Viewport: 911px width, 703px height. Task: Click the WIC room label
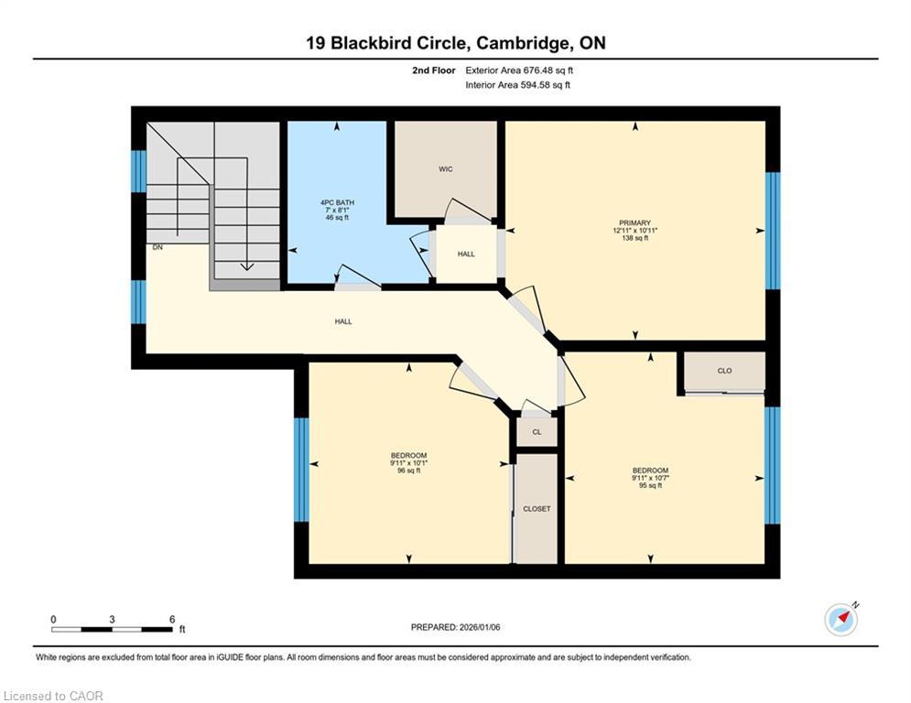tap(445, 169)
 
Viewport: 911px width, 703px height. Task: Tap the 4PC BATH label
tap(337, 202)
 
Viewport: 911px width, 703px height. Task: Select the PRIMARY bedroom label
tap(634, 222)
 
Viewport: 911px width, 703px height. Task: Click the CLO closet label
tap(724, 371)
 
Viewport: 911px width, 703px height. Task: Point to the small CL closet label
tap(537, 432)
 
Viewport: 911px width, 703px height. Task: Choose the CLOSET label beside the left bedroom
tap(537, 509)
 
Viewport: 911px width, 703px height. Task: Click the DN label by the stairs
tap(157, 247)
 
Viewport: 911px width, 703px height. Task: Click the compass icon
tap(841, 619)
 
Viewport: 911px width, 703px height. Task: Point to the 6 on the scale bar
tap(172, 619)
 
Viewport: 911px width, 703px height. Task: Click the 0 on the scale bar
tap(53, 619)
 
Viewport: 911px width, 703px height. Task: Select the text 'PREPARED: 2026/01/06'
tap(455, 627)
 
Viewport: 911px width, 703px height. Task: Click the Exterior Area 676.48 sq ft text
tap(519, 70)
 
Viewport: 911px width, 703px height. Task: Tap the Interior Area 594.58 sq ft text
tap(517, 85)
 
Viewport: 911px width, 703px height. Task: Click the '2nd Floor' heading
tap(433, 70)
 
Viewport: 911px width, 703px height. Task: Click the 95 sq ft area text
tap(650, 486)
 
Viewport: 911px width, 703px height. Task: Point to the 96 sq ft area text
tap(408, 471)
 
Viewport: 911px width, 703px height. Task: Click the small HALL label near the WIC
tap(466, 254)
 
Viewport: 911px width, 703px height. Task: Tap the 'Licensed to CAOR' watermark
tap(54, 696)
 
